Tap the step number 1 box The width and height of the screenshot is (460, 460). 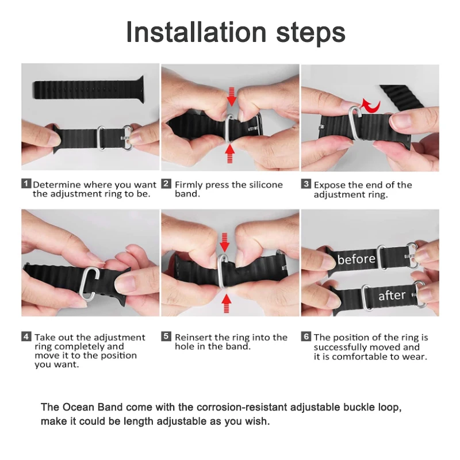coord(26,184)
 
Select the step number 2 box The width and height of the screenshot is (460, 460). coord(166,184)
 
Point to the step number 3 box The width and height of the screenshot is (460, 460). coord(306,184)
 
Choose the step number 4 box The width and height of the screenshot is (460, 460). coord(26,336)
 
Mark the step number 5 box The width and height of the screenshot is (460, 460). coord(166,336)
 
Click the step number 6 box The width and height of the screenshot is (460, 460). coord(306,336)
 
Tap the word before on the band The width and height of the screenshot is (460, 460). coord(356,259)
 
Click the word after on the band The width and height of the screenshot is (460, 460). coord(392,296)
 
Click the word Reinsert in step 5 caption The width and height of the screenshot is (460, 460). coord(194,337)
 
